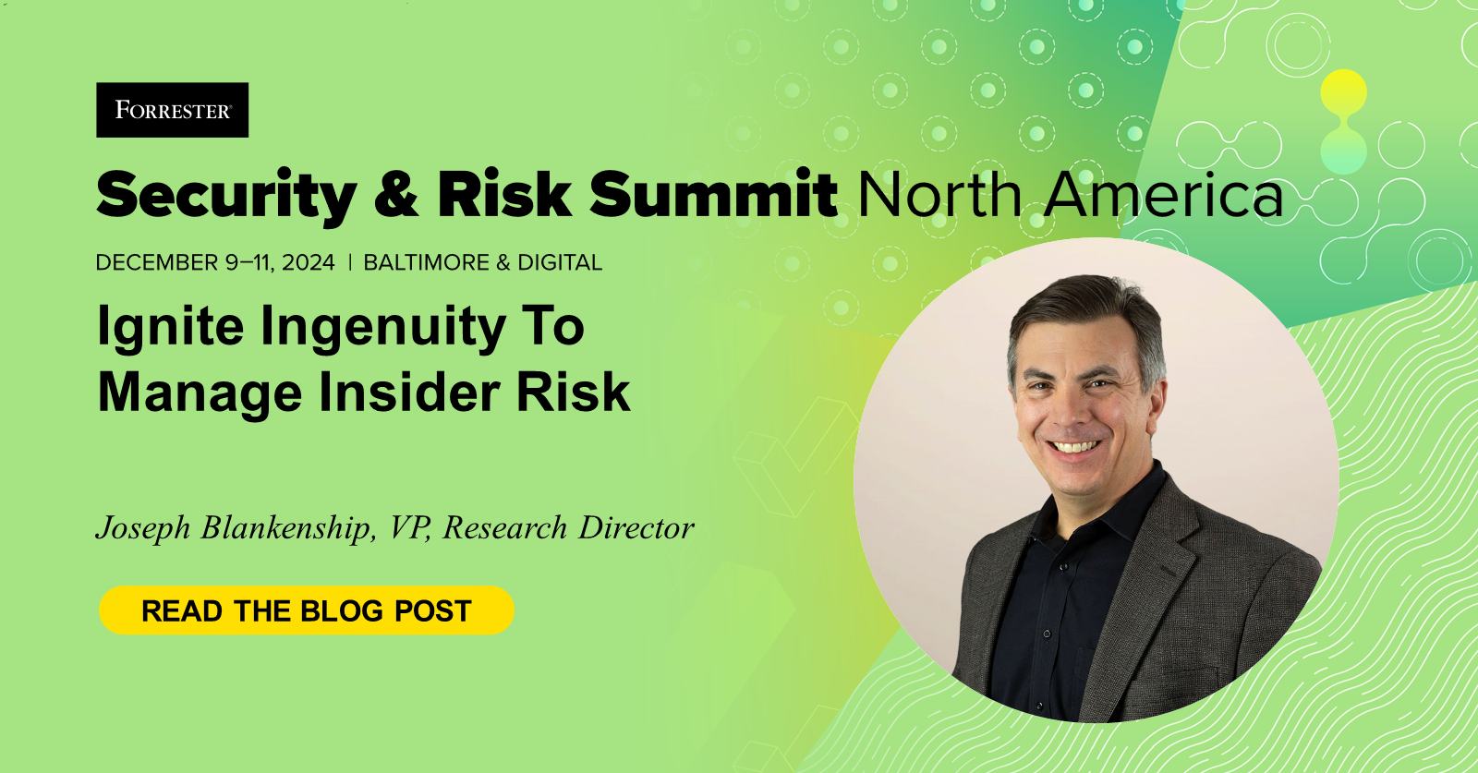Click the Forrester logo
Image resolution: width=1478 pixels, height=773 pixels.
click(x=172, y=110)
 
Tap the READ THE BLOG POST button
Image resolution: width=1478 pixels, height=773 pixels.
click(x=306, y=610)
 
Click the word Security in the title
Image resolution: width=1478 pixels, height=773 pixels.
click(x=226, y=196)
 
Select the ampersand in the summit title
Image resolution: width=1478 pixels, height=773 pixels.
click(x=396, y=194)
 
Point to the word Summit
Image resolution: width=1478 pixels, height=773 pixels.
click(x=713, y=194)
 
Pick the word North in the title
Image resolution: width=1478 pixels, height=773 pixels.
click(x=939, y=195)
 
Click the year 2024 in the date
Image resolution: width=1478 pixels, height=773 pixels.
click(x=309, y=263)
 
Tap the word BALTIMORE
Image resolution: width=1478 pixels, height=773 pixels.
click(x=426, y=263)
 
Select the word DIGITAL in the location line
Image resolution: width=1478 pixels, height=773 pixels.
click(x=560, y=263)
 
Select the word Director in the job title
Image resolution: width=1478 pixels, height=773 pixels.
click(x=636, y=528)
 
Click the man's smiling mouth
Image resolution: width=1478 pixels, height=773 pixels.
click(x=1075, y=447)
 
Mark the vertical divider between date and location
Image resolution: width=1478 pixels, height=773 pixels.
click(x=350, y=263)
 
